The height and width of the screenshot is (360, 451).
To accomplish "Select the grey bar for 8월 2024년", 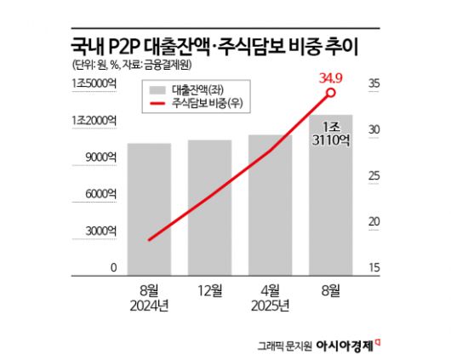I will coord(149,209).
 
